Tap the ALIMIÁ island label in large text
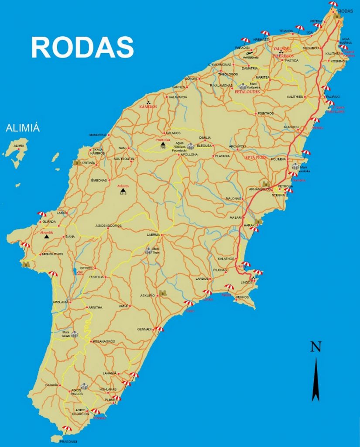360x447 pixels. tap(23, 128)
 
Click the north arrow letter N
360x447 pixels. tap(316, 347)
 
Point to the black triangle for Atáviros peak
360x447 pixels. tap(123, 190)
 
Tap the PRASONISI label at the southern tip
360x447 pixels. tap(67, 441)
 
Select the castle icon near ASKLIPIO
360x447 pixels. tap(163, 293)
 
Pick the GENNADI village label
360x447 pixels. tap(144, 329)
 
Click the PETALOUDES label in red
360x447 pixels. tap(247, 92)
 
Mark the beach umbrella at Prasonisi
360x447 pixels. tap(66, 428)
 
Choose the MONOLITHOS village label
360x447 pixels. tap(52, 254)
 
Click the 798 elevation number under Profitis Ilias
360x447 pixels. tap(162, 148)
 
